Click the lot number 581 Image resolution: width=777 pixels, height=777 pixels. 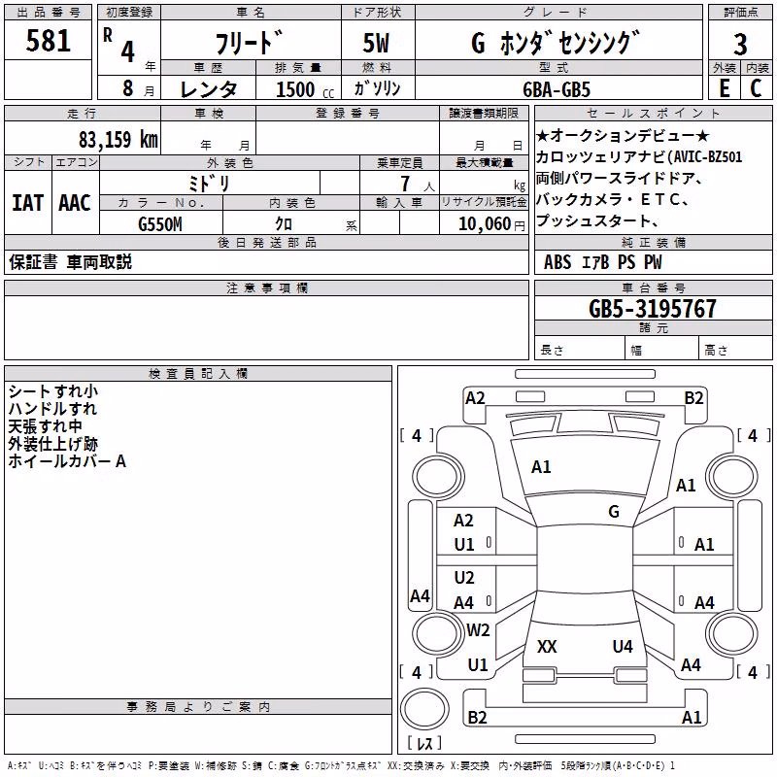click(x=48, y=41)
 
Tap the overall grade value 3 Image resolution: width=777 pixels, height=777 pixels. click(x=740, y=45)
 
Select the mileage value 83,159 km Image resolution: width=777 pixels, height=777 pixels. click(x=118, y=140)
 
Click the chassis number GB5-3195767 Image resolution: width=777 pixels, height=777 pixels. click(x=653, y=309)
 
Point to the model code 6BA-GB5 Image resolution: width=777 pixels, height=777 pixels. click(x=557, y=89)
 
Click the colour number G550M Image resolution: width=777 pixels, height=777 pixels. click(x=160, y=224)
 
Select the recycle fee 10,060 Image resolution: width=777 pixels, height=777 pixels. click(x=484, y=224)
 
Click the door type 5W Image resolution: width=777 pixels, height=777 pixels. click(x=376, y=43)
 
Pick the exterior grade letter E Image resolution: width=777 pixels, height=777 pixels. click(x=724, y=88)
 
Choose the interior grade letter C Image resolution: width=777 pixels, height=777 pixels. click(x=756, y=88)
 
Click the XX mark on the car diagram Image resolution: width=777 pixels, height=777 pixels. click(x=547, y=646)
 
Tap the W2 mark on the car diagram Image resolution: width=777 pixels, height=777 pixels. click(x=478, y=629)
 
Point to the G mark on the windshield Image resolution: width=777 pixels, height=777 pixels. click(x=614, y=512)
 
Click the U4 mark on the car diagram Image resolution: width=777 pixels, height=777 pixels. click(x=623, y=646)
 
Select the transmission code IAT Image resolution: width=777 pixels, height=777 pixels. click(x=27, y=203)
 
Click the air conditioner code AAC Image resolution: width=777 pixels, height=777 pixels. click(x=75, y=203)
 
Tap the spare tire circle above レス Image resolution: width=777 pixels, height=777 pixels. click(x=424, y=708)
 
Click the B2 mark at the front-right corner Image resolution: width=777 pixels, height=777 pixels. click(x=693, y=398)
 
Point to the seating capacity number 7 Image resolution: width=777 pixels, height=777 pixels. click(x=405, y=184)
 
